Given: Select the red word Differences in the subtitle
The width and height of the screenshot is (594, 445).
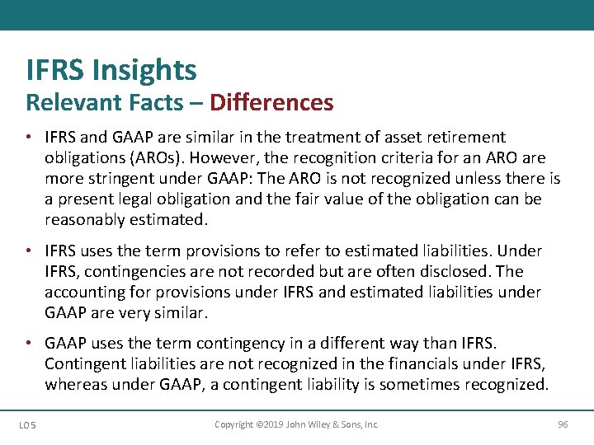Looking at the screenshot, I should click(271, 103).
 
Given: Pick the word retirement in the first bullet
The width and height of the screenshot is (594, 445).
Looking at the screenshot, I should click(456, 137).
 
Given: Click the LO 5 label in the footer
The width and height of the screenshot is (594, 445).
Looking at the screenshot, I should click(27, 424).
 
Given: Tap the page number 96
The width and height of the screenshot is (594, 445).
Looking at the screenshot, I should click(563, 424).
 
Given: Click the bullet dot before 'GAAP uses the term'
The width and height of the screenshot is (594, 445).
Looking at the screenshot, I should click(29, 343).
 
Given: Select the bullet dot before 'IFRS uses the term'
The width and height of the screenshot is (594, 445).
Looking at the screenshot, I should click(29, 251).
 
